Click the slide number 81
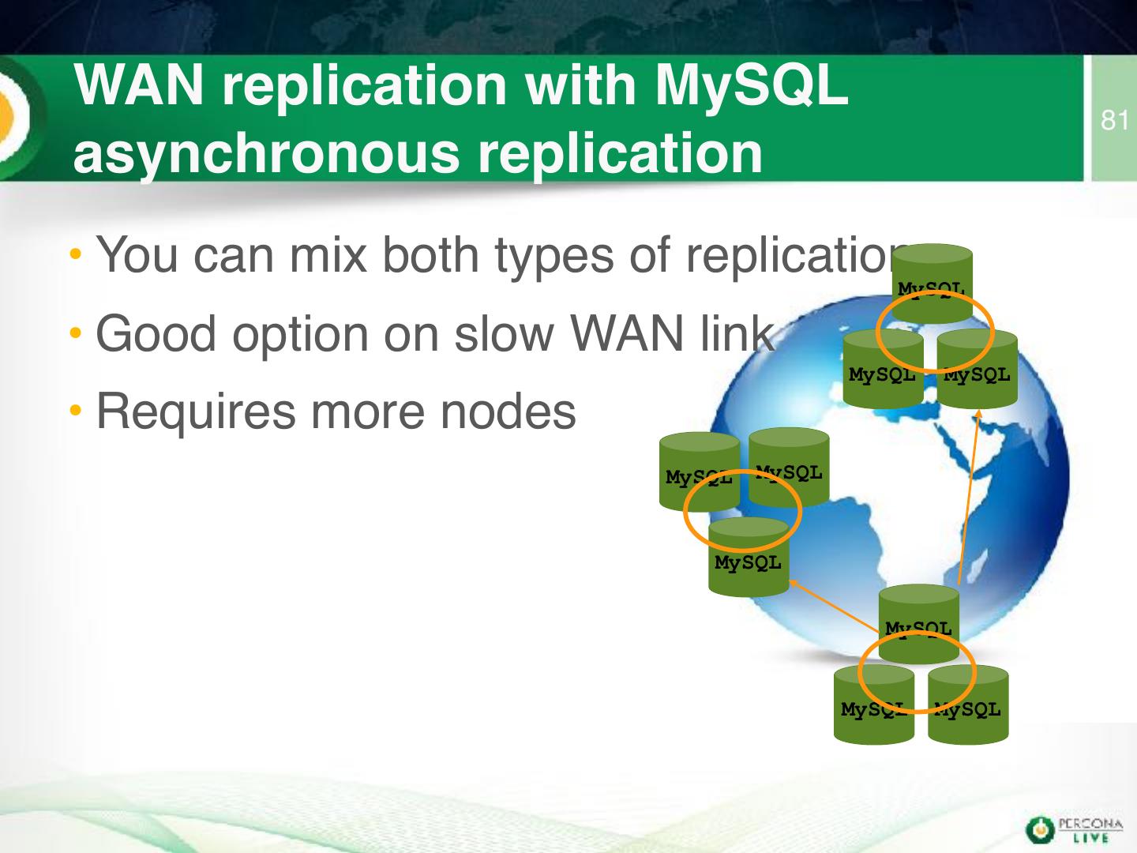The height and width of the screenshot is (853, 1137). [x=1114, y=121]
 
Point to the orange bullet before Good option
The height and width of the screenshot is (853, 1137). [x=75, y=335]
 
